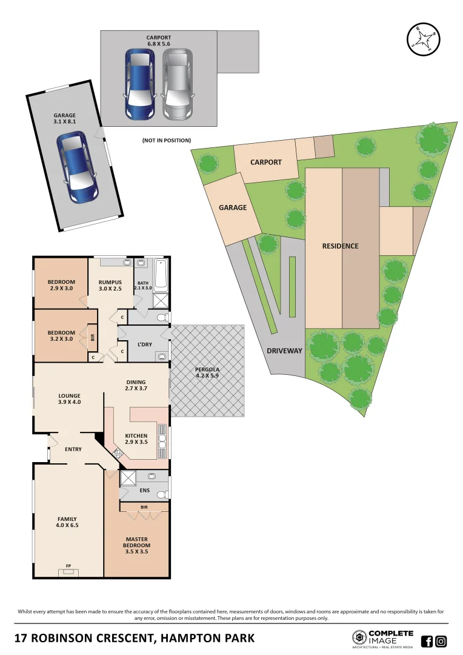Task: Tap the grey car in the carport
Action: (177, 83)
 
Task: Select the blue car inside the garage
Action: (77, 167)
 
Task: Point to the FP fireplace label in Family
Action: (68, 566)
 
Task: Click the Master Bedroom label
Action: (137, 542)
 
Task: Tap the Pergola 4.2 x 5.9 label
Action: (207, 373)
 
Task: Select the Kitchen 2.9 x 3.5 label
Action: (136, 438)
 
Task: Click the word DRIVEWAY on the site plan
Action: (284, 351)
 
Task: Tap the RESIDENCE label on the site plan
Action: (340, 246)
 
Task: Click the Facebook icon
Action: (427, 640)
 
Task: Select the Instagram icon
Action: (441, 640)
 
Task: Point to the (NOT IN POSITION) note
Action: (167, 140)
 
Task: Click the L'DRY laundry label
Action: (144, 344)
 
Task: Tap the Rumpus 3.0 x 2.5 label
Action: (110, 285)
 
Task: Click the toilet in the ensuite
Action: (162, 495)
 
